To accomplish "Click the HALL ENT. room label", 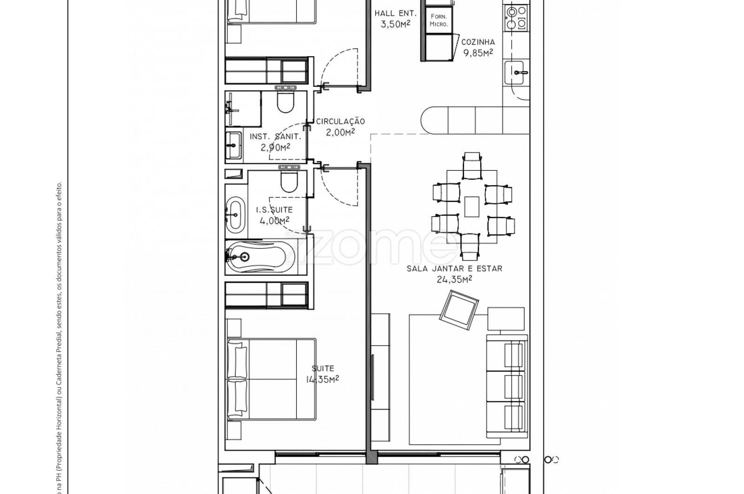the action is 395,13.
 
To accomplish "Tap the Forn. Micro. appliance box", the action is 439,20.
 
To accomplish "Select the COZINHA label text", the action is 478,42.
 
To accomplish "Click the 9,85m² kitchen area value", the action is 478,53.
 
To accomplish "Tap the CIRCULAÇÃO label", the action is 340,121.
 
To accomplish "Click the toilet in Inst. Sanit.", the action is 286,100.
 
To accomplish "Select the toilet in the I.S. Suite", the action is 289,180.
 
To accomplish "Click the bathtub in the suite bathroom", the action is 258,257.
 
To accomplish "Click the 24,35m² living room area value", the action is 454,280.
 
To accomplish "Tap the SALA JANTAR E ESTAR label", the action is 454,268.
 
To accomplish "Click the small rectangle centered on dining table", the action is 472,207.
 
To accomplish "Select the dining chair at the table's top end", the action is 472,165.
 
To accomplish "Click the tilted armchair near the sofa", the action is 459,310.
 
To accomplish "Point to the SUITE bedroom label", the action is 323,368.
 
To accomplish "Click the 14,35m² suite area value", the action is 323,379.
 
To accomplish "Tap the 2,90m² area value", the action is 275,147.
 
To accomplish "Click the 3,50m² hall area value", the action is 395,24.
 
